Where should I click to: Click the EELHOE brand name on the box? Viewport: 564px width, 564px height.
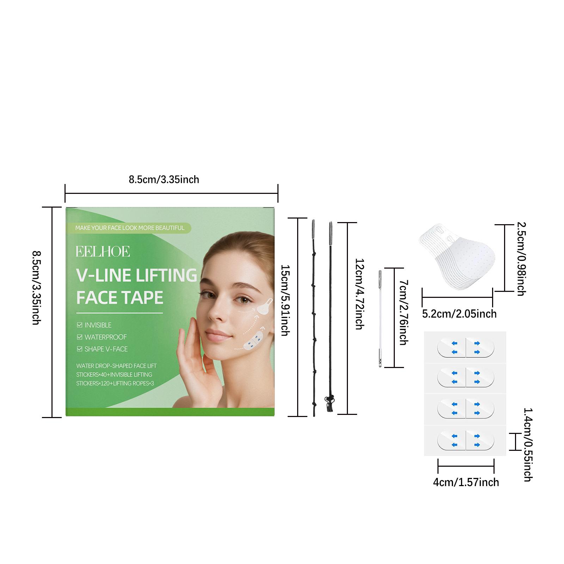(x=103, y=251)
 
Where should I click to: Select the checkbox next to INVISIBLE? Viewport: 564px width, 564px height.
(x=80, y=325)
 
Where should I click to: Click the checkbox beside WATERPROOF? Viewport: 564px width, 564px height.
(x=80, y=337)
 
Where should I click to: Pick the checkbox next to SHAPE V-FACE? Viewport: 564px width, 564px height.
(x=80, y=349)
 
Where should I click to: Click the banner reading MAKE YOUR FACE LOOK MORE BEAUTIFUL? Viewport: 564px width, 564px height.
(x=130, y=228)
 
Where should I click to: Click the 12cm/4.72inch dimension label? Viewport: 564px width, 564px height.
(x=359, y=294)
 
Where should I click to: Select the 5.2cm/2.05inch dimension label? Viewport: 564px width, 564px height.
(x=459, y=313)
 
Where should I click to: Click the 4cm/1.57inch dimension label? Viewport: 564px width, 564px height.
(x=466, y=482)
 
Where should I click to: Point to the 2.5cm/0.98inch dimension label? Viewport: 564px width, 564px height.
(x=522, y=258)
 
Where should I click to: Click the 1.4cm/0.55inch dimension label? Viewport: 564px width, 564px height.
(x=528, y=445)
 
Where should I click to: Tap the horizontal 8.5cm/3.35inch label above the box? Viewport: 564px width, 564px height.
(x=164, y=179)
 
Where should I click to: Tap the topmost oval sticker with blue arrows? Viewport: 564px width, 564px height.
(x=466, y=347)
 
